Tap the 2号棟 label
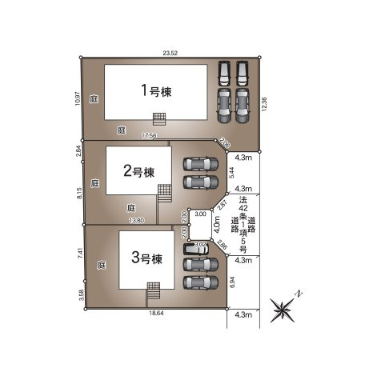(138, 170)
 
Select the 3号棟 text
(146, 258)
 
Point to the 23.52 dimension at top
(169, 53)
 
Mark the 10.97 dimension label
(78, 98)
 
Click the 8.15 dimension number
(78, 194)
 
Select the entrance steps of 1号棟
(160, 118)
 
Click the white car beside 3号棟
(197, 248)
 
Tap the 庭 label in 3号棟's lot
(102, 263)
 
